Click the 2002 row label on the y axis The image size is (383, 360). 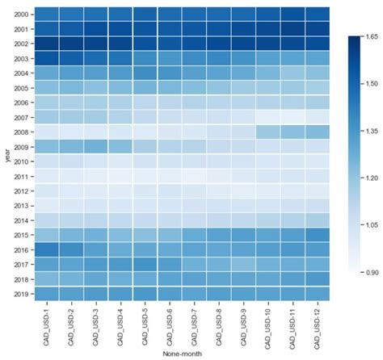[x=23, y=43]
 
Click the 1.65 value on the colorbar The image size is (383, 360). [x=371, y=37]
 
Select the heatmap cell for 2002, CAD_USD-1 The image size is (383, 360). [x=47, y=43]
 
